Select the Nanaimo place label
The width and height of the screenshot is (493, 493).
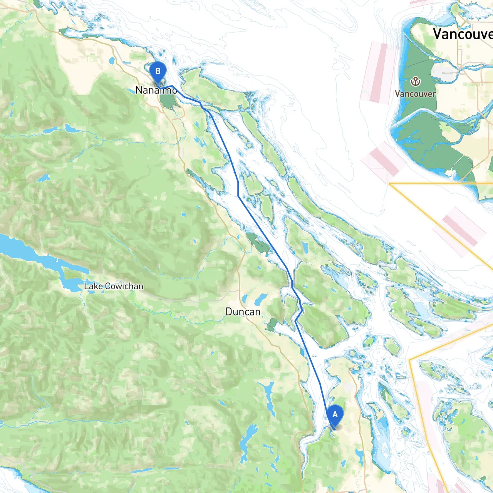point(156,90)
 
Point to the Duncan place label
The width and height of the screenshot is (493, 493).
point(243,312)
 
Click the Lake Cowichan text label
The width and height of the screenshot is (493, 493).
point(113,286)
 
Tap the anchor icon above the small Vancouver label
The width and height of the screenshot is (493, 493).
point(415,81)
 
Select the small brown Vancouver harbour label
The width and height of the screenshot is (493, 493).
point(415,94)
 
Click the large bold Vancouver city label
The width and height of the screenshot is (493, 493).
point(462,34)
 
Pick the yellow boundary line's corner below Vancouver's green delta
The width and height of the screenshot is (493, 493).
point(390,184)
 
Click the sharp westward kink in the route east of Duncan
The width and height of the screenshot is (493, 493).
point(295,320)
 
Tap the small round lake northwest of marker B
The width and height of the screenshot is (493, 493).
point(112,60)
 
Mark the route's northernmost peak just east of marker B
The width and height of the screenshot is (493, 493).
point(171,86)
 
